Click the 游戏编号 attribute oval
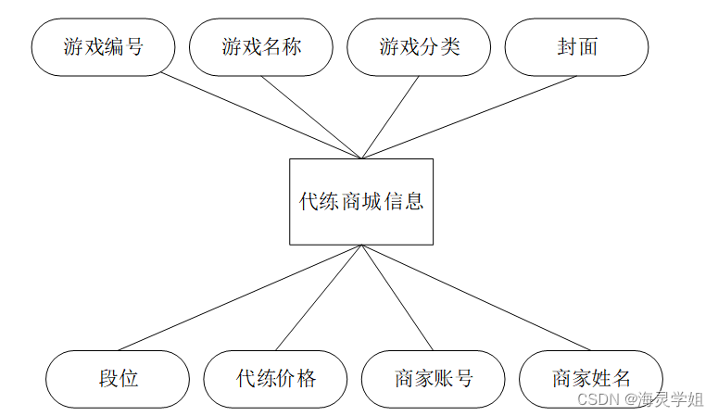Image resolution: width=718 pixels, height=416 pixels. (103, 47)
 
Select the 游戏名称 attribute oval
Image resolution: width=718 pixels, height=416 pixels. (261, 47)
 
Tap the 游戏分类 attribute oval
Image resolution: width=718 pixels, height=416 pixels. (419, 47)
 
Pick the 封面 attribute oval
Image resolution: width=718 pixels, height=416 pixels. (576, 47)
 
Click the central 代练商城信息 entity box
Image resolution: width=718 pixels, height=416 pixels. (360, 201)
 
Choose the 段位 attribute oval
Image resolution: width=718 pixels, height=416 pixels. (118, 379)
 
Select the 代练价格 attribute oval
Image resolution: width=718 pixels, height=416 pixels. (275, 379)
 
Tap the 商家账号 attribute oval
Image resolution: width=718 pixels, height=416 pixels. (433, 379)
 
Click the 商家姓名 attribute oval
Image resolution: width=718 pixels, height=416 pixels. (591, 379)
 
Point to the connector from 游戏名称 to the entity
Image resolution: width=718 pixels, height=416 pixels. (311, 117)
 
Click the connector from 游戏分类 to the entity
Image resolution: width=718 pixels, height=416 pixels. (390, 117)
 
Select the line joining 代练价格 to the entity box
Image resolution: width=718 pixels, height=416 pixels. (318, 297)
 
